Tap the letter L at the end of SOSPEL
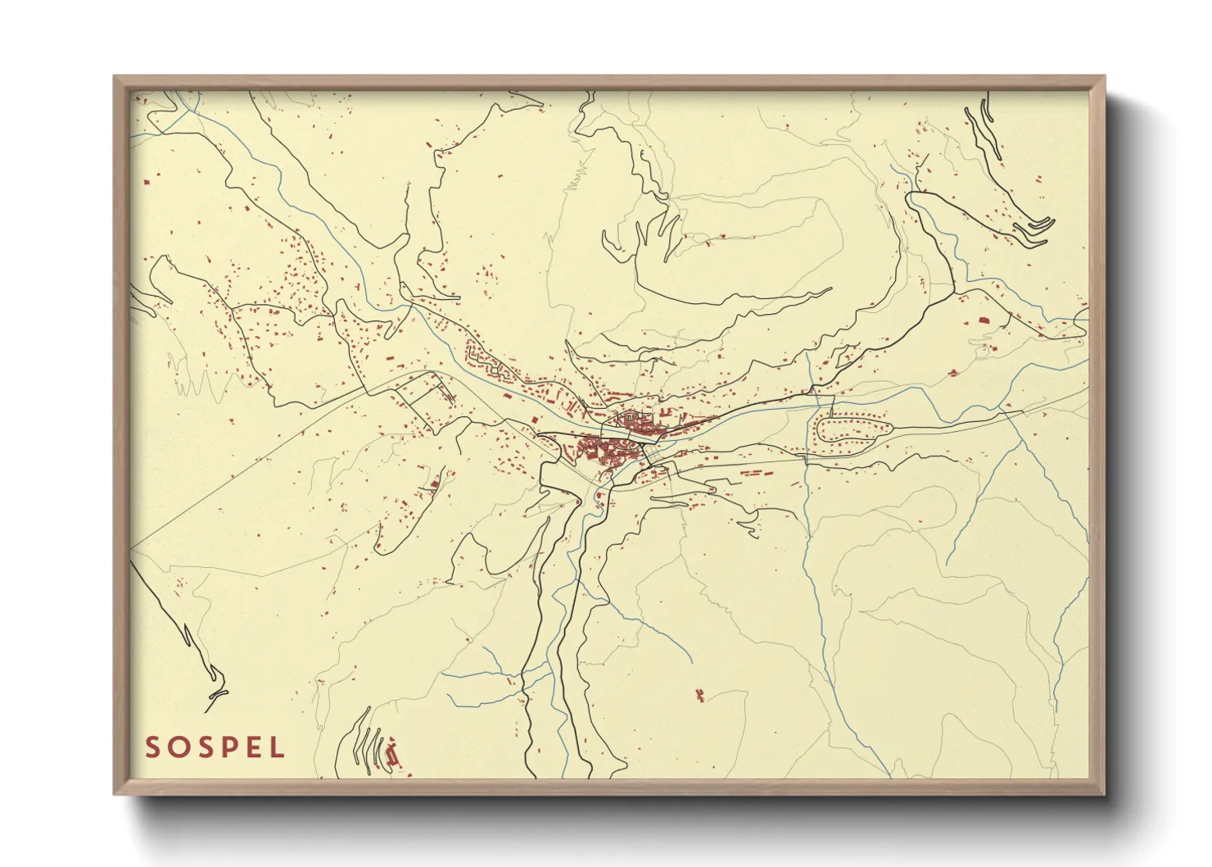click(278, 747)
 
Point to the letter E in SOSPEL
click(254, 747)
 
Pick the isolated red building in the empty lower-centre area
click(699, 696)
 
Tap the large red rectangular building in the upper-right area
click(983, 320)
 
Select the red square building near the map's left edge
click(147, 181)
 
